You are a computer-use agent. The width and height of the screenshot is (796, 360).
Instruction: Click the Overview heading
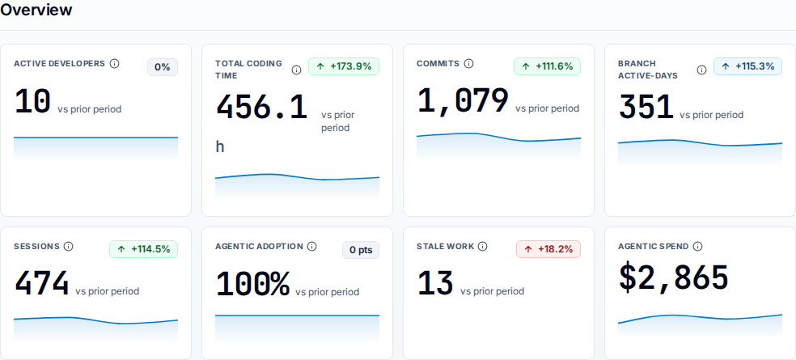(x=36, y=9)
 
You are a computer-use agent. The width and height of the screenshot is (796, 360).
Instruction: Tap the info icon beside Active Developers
(x=115, y=63)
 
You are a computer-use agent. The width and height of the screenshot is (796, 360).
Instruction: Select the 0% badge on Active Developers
(x=163, y=67)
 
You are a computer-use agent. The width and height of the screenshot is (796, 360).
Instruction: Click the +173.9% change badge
(x=344, y=66)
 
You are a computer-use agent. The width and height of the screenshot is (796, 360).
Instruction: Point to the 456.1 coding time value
(x=262, y=108)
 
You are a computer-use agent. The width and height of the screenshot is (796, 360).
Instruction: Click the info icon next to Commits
(x=469, y=63)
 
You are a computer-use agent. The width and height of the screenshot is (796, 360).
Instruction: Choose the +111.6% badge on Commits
(x=547, y=66)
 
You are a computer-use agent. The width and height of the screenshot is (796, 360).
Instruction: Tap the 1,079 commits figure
(x=463, y=100)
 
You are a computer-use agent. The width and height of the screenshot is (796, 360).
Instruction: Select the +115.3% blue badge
(x=747, y=66)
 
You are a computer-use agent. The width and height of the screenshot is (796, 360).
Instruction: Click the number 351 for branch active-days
(x=646, y=108)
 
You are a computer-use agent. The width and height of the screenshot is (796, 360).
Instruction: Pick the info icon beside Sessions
(x=69, y=246)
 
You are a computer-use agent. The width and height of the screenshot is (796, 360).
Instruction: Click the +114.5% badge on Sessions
(x=144, y=249)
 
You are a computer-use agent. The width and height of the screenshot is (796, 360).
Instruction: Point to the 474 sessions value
(x=41, y=283)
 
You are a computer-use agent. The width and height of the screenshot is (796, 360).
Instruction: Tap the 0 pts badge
(x=361, y=250)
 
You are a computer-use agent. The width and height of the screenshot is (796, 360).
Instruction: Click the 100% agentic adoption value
(x=253, y=284)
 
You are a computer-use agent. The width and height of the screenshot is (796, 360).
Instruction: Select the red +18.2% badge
(x=548, y=249)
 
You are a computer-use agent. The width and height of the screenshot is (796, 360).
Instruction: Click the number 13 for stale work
(x=435, y=283)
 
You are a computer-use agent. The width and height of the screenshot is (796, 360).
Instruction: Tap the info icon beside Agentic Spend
(x=698, y=246)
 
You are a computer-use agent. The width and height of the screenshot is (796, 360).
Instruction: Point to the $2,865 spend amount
(x=674, y=277)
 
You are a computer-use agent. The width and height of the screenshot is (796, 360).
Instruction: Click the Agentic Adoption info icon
(x=312, y=246)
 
